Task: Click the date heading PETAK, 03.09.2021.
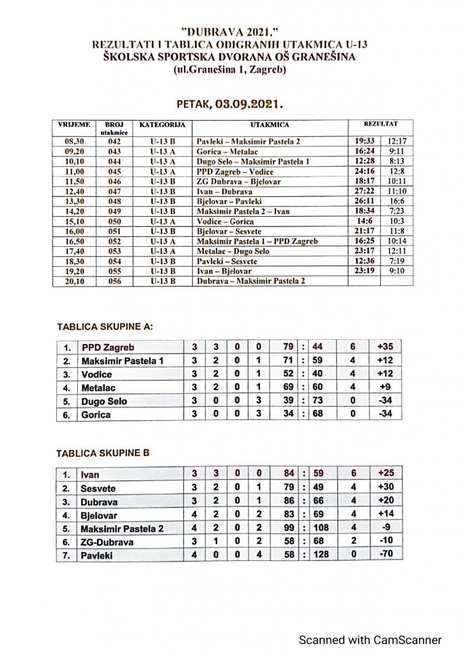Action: click(229, 102)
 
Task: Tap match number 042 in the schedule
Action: click(114, 139)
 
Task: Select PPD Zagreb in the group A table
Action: click(108, 347)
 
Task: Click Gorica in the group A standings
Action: click(96, 414)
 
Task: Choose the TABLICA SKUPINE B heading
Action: click(104, 452)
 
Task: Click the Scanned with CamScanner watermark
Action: click(371, 639)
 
